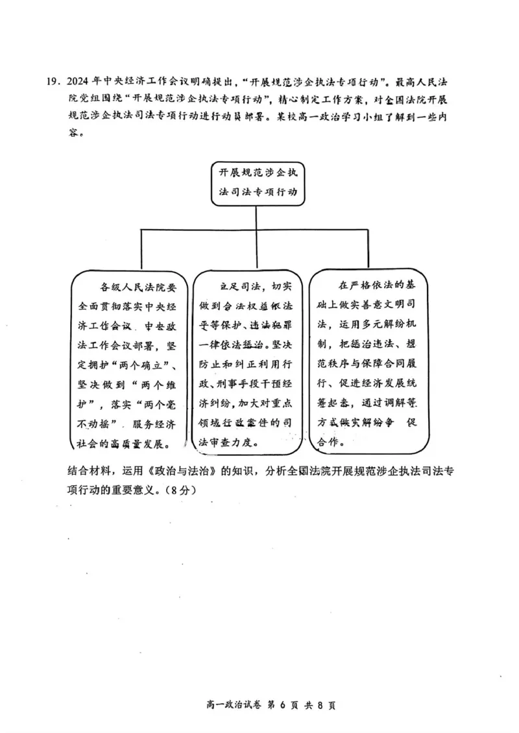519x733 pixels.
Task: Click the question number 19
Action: point(51,82)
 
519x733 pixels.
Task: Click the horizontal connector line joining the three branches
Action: point(259,230)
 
